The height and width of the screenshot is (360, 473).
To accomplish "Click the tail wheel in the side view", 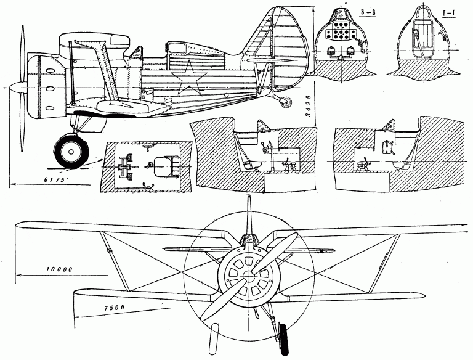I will tap(285, 103).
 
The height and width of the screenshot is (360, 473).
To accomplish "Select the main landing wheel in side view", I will tap(70, 151).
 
